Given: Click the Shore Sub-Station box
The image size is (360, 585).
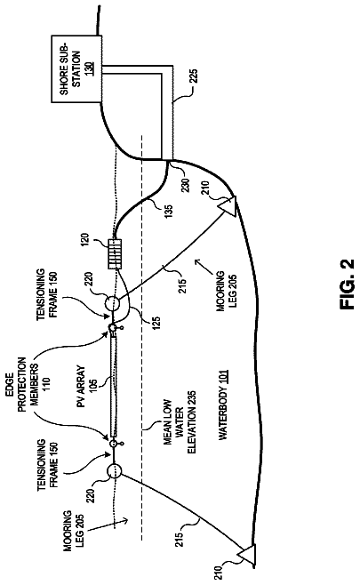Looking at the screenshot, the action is coord(76,69).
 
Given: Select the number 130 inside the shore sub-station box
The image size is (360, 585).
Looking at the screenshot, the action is coord(91,69).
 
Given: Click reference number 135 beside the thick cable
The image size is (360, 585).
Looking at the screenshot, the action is coord(168,212).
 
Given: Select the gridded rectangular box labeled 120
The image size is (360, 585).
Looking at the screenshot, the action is coord(115,254).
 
